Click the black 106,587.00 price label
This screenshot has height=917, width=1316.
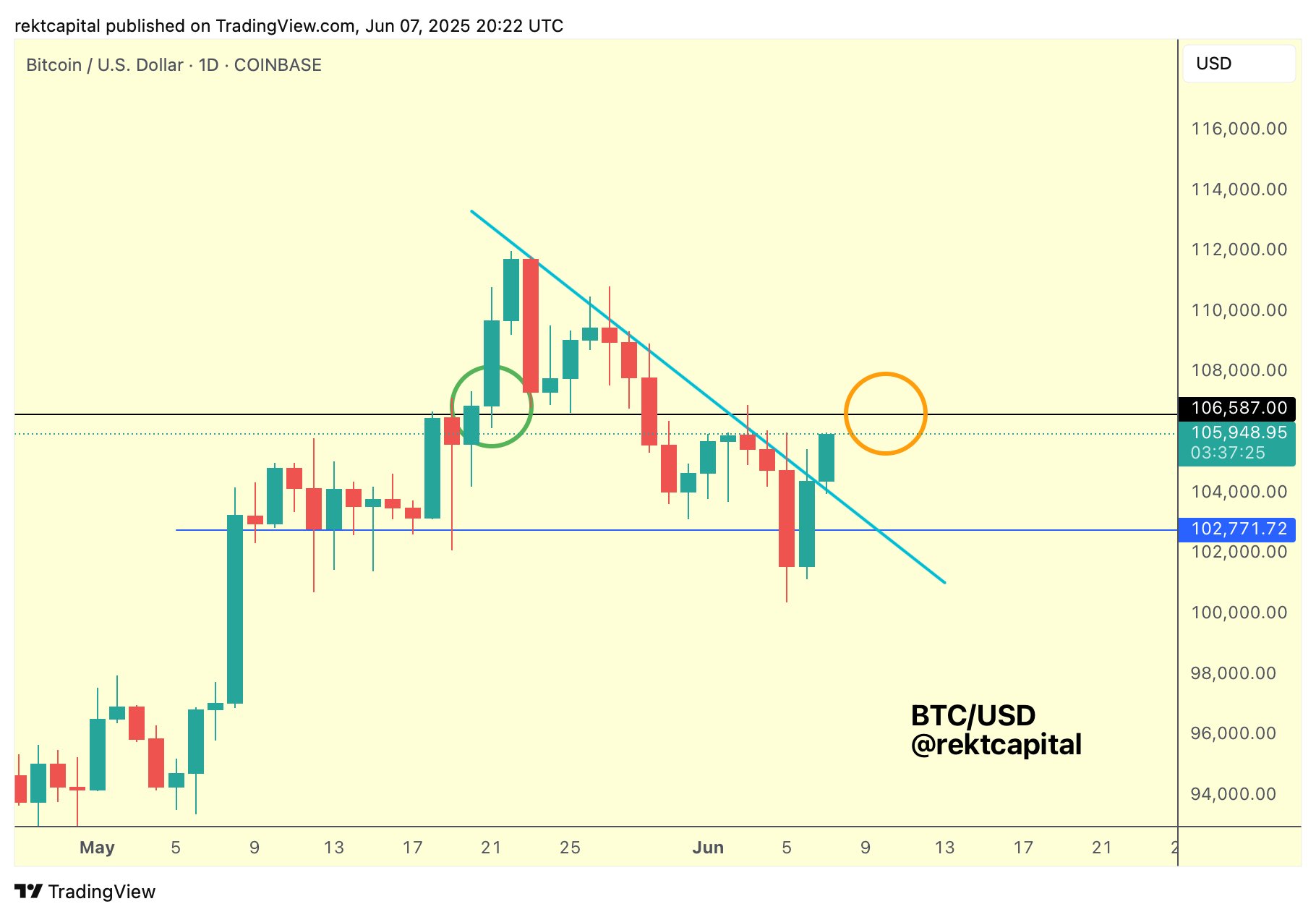[1237, 409]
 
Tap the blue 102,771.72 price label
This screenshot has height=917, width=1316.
[1237, 529]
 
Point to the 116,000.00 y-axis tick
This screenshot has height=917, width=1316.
[1239, 129]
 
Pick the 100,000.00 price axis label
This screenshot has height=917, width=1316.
[1239, 613]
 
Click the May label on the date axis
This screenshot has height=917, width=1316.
[97, 848]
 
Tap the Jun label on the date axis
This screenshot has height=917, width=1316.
[707, 848]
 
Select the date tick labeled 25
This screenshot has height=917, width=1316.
[570, 848]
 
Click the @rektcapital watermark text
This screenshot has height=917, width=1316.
[996, 745]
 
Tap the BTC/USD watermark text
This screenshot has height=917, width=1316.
[973, 715]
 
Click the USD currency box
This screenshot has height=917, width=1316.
[1238, 64]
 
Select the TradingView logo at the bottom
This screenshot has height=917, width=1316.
[85, 892]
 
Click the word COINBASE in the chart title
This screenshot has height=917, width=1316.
[278, 65]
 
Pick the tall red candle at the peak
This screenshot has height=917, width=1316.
[531, 325]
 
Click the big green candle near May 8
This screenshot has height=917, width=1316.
[235, 609]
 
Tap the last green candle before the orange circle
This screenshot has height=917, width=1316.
[826, 458]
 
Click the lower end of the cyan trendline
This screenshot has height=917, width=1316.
[944, 581]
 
